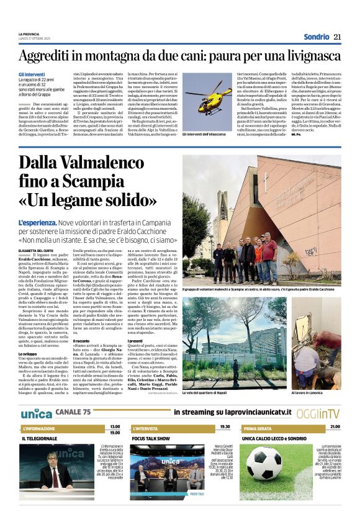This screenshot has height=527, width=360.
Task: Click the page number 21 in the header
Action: (x=337, y=37)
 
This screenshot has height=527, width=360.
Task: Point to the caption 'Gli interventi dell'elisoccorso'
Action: (x=209, y=133)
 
